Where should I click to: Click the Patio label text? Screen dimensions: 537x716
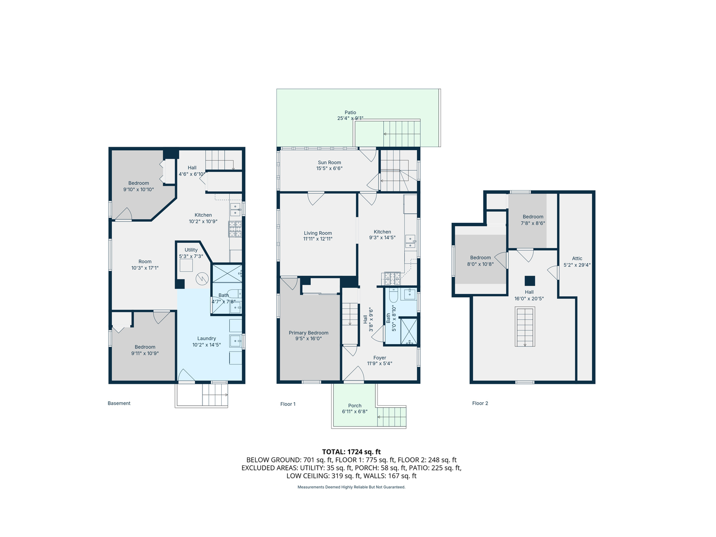tap(350, 113)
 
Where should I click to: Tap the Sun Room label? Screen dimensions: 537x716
tap(329, 163)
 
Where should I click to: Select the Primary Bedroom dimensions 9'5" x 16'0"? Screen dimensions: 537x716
tap(308, 339)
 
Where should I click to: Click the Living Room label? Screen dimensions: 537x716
tap(318, 233)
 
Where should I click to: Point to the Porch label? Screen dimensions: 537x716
tap(355, 406)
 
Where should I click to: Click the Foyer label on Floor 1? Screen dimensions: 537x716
tap(379, 358)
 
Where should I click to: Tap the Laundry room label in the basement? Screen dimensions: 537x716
tap(206, 339)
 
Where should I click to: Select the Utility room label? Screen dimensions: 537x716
tap(191, 250)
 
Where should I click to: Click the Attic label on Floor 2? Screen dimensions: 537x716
tap(577, 259)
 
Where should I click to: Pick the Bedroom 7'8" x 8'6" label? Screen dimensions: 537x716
tap(533, 217)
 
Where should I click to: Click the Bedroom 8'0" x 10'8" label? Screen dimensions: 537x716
tap(480, 258)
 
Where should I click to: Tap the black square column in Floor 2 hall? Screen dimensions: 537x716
tap(530, 280)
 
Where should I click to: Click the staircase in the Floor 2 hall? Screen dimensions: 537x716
tap(525, 327)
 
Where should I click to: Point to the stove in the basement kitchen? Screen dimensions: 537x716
tap(235, 229)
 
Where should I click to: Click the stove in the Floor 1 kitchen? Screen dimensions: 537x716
tap(391, 279)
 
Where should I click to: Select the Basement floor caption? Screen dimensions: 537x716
tap(119, 403)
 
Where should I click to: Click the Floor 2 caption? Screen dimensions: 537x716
tap(480, 403)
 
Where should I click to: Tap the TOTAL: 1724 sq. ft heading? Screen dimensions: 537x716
tap(351, 452)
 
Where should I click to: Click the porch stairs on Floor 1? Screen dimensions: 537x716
tap(392, 417)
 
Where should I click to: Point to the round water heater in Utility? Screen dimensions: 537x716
tap(201, 279)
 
